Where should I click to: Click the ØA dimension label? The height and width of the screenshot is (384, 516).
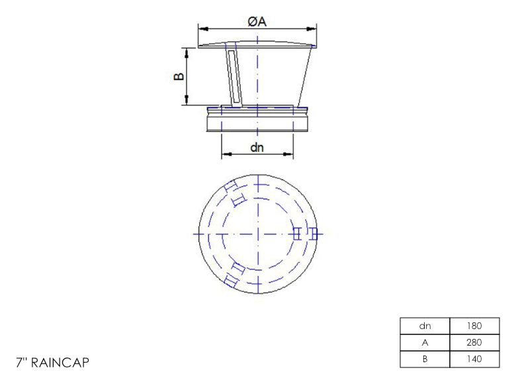[257, 22]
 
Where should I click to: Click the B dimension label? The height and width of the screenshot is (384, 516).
[179, 76]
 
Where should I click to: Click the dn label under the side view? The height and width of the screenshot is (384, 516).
[257, 147]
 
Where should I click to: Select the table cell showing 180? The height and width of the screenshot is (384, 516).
[474, 326]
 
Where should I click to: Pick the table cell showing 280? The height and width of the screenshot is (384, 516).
[474, 342]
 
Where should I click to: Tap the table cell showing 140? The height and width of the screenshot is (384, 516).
[474, 359]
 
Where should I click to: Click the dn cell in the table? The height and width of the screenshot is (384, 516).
[425, 326]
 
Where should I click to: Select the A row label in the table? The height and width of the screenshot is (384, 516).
[425, 342]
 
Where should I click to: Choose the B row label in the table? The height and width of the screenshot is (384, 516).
[425, 359]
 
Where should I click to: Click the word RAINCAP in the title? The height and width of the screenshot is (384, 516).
[60, 363]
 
